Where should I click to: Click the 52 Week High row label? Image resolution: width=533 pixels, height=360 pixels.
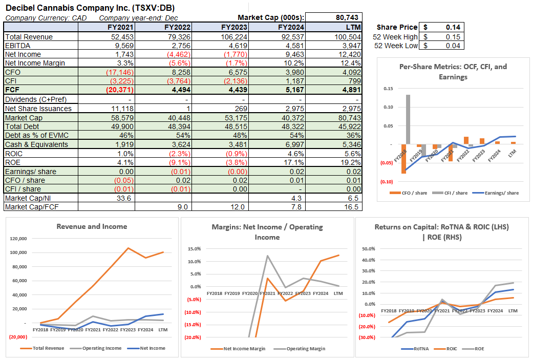(396, 37)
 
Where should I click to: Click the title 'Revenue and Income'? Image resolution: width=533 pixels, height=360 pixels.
(92, 226)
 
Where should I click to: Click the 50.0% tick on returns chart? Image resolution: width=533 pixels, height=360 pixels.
(369, 249)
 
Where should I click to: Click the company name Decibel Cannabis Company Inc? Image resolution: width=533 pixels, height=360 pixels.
(67, 8)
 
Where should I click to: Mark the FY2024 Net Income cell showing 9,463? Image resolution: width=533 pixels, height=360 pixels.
(294, 54)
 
